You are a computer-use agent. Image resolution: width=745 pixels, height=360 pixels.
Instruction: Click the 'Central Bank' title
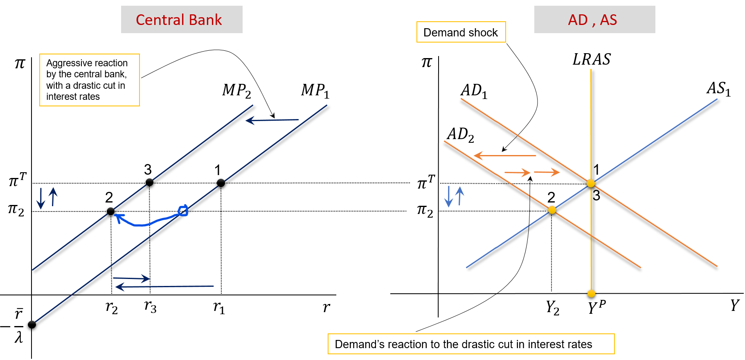(x=179, y=20)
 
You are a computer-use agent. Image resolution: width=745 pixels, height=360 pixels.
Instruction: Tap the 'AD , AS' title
(x=592, y=20)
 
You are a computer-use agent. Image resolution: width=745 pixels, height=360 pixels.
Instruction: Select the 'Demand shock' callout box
(x=461, y=32)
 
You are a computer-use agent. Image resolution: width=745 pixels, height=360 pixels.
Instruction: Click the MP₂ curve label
(x=236, y=91)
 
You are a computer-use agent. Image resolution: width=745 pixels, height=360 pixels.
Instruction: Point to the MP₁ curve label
(x=315, y=91)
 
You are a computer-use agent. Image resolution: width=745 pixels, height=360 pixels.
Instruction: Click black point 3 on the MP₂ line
(x=149, y=182)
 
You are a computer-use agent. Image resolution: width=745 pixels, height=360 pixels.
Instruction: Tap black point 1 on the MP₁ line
(x=221, y=183)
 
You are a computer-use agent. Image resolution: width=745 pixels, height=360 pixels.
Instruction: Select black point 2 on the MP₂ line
(x=110, y=211)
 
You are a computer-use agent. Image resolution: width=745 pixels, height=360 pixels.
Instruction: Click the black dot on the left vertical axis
(x=32, y=324)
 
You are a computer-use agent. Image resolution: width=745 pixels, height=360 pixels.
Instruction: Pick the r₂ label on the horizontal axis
(x=111, y=307)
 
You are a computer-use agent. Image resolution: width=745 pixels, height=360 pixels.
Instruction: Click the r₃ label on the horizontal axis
(x=150, y=306)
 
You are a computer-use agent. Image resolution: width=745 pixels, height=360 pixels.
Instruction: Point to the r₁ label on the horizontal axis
(x=219, y=307)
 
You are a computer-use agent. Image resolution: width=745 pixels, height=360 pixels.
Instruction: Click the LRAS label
(x=591, y=60)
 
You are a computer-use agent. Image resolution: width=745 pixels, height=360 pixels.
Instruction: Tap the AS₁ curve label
(x=718, y=89)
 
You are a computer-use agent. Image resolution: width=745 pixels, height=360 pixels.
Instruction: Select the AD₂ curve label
(x=460, y=135)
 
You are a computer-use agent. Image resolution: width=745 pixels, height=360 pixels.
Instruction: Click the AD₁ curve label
(x=474, y=91)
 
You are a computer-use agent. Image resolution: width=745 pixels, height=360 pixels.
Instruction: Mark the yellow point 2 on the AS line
(x=552, y=210)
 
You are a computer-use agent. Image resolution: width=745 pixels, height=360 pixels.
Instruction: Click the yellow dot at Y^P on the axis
(x=591, y=293)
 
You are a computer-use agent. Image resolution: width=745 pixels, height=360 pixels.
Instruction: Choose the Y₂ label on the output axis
(x=552, y=307)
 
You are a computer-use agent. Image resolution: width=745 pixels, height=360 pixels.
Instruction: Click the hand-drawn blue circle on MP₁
(x=183, y=210)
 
